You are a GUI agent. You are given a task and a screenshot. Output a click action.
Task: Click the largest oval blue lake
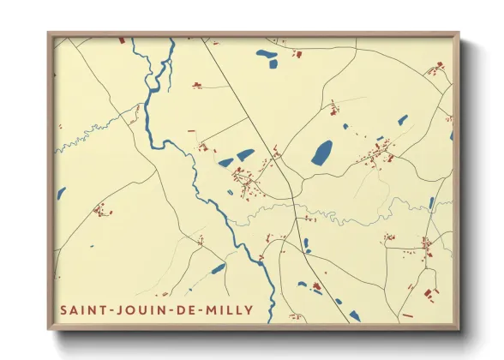click(322, 153)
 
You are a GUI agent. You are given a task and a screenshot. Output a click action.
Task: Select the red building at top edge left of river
click(121, 40)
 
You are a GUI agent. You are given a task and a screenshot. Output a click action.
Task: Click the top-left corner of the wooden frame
click(49, 33)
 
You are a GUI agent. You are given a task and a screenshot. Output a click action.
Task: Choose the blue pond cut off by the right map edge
click(451, 135)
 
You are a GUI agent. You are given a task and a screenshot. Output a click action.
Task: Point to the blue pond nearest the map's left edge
click(61, 194)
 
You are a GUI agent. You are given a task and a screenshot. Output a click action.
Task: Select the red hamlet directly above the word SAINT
click(101, 208)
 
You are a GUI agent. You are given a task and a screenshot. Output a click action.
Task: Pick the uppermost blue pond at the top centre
click(264, 53)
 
